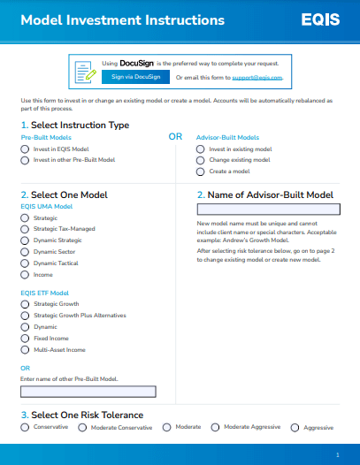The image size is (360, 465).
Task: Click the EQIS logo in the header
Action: pos(319,19)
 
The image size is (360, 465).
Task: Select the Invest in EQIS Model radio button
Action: pos(25,149)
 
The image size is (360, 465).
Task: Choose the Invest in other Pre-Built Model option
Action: pos(25,160)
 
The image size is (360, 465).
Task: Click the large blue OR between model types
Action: pos(175,137)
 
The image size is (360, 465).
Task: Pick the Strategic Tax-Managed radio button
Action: pos(25,228)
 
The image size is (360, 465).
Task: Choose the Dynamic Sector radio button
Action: pos(25,251)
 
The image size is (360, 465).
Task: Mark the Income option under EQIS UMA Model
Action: pos(25,274)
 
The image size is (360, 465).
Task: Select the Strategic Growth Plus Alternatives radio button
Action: pos(25,315)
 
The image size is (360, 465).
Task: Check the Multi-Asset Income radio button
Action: pos(25,349)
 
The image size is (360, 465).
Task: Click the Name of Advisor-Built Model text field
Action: pos(268,210)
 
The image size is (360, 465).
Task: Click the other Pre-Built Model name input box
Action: pos(88,391)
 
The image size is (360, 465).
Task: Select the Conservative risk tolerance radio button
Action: pos(25,427)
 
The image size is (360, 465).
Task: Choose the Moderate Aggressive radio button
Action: pos(215,427)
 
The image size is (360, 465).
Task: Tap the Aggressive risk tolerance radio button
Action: pos(295,427)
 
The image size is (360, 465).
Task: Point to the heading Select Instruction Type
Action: pos(80,126)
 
